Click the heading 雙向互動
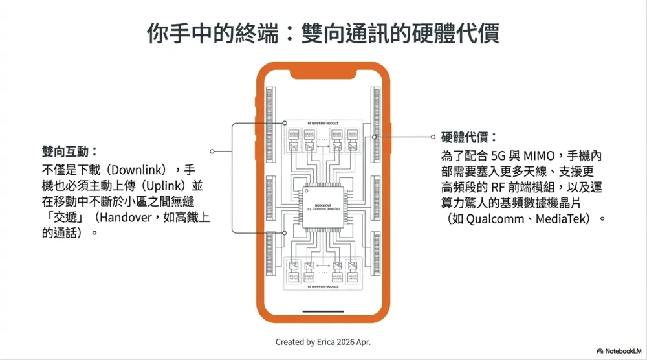(69, 152)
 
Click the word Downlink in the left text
(139, 170)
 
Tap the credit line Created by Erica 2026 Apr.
(323, 341)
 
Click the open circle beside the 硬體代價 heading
(433, 137)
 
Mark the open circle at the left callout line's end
(212, 152)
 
